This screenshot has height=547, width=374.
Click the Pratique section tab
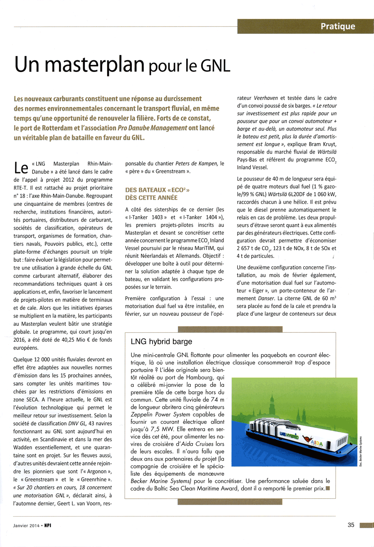337,27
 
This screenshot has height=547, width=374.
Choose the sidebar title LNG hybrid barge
161,342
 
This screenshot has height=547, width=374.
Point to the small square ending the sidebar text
327,488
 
